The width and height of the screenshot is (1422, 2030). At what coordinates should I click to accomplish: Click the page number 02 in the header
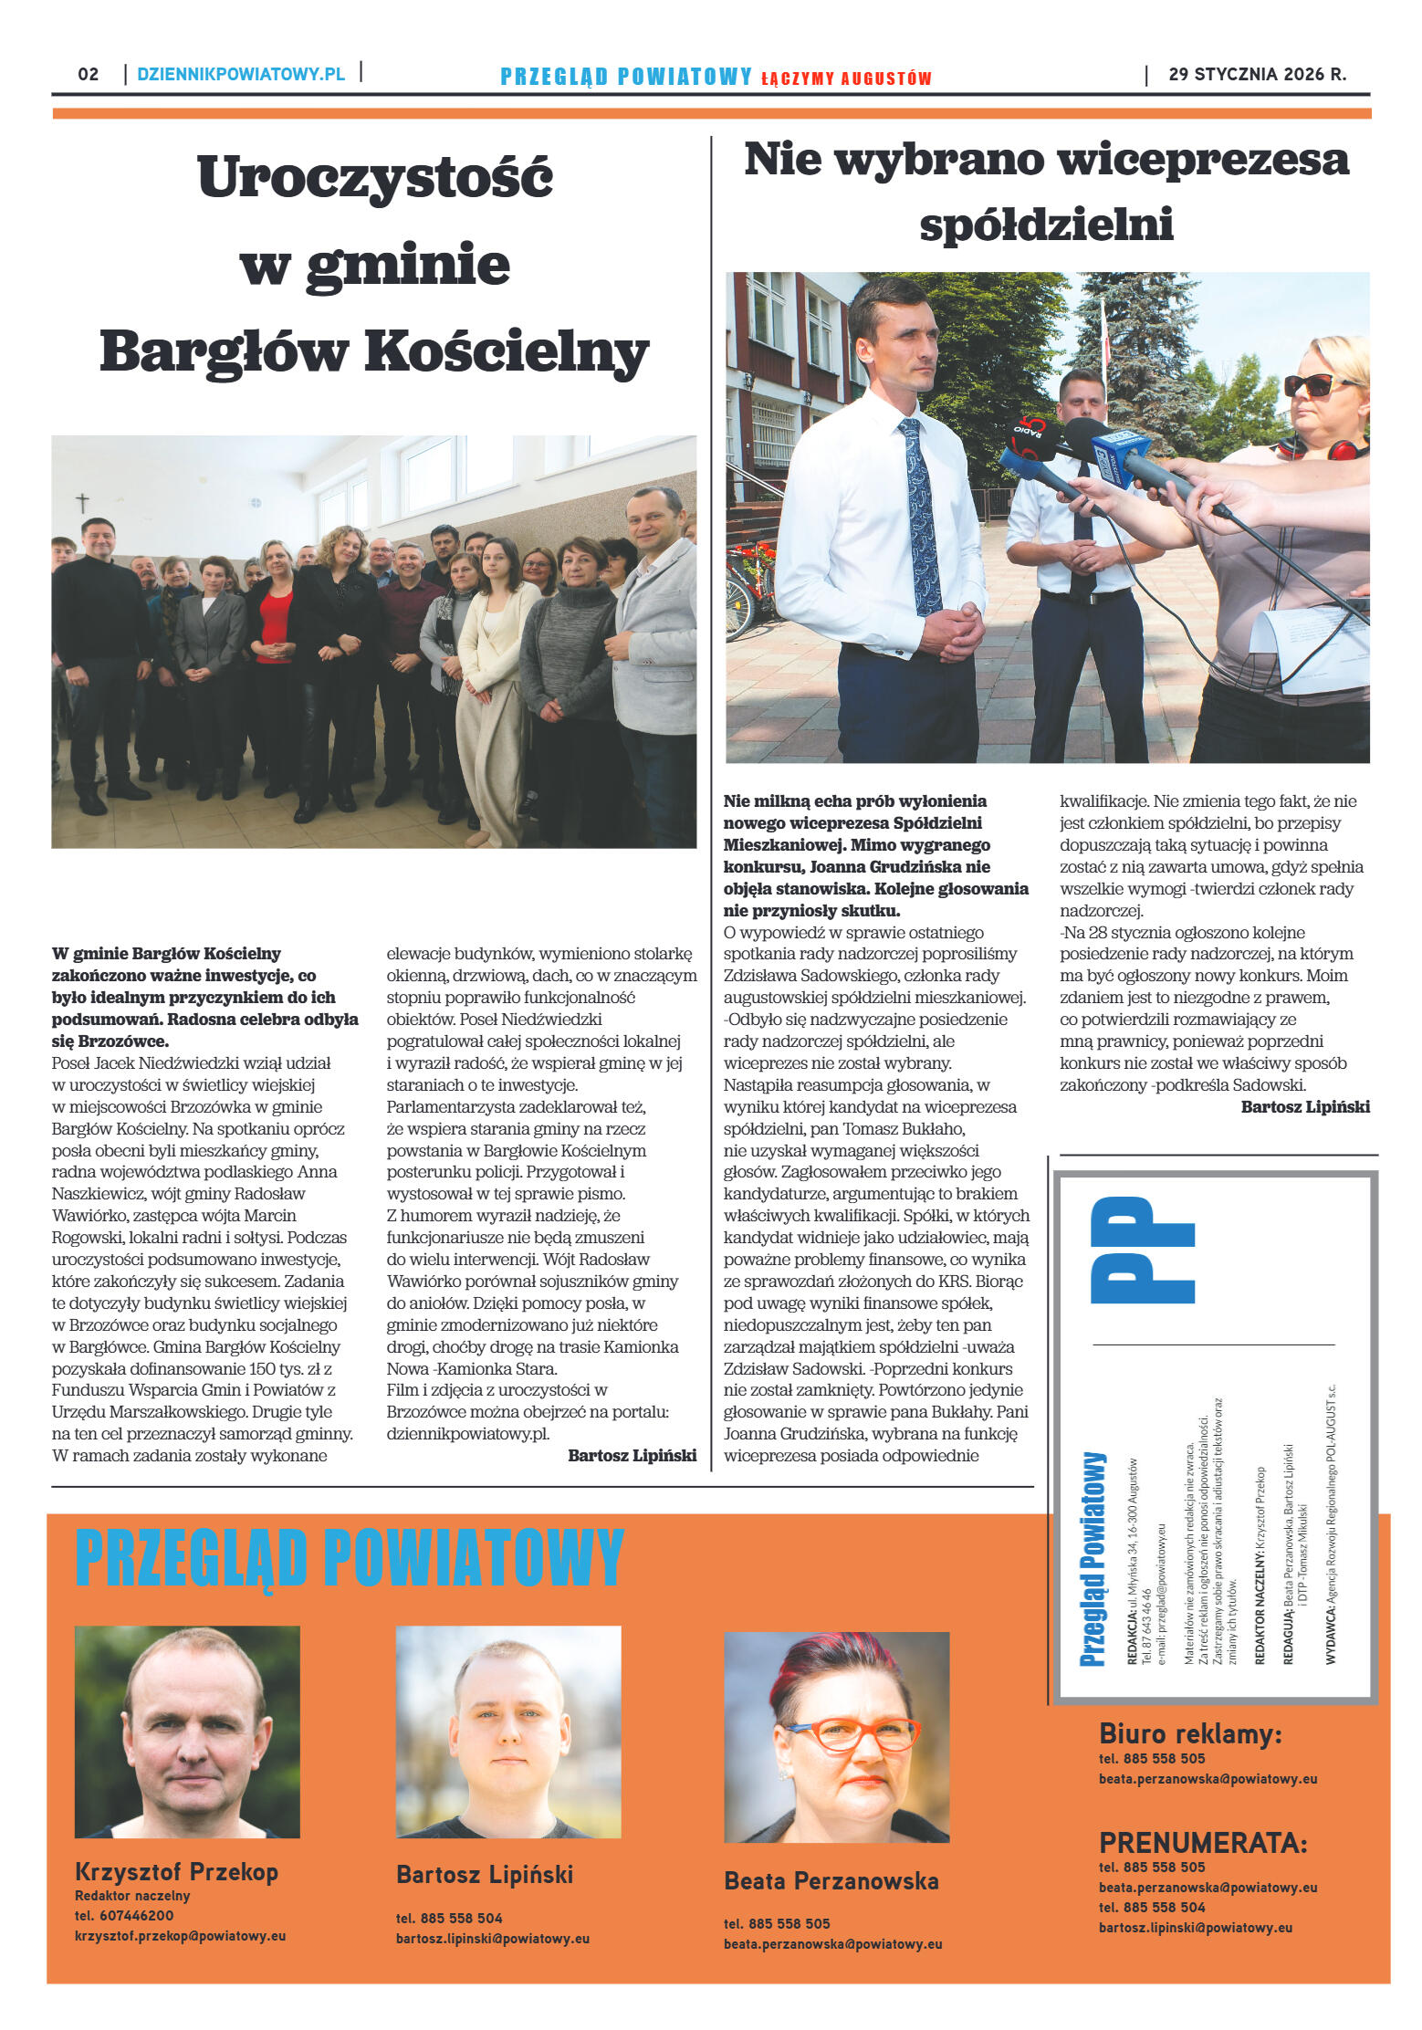pyautogui.click(x=88, y=74)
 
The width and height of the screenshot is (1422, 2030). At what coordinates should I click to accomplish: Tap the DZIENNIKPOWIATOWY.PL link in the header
pyautogui.click(x=241, y=74)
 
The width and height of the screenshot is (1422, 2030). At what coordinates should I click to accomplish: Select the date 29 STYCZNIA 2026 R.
pyautogui.click(x=1257, y=74)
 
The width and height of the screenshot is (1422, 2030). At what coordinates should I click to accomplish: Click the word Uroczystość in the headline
pyautogui.click(x=374, y=176)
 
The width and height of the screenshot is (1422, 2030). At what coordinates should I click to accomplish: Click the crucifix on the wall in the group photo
pyautogui.click(x=82, y=503)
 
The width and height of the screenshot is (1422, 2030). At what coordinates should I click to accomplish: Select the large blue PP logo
pyautogui.click(x=1142, y=1250)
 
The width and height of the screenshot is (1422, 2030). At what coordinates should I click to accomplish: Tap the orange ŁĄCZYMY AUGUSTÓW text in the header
pyautogui.click(x=846, y=78)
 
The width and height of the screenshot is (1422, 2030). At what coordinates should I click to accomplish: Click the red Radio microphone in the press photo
pyautogui.click(x=1032, y=435)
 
